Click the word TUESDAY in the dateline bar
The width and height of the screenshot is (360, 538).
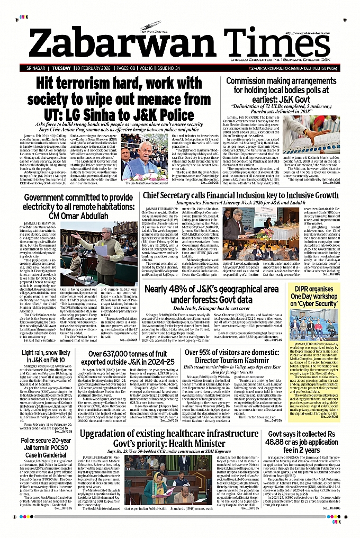pos(62,69)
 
